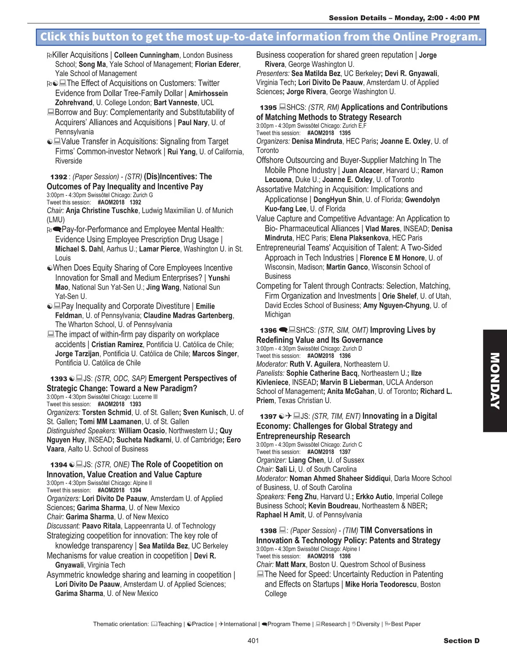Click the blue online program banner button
pyautogui.click(x=261, y=37)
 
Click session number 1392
pyautogui.click(x=59, y=177)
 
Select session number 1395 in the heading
pyautogui.click(x=268, y=108)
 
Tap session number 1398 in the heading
pyautogui.click(x=268, y=531)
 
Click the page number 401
pyautogui.click(x=253, y=641)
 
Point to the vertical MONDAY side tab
pyautogui.click(x=495, y=380)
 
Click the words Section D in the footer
pyautogui.click(x=461, y=641)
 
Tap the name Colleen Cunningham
pyautogui.click(x=147, y=55)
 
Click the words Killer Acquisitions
pyautogui.click(x=80, y=55)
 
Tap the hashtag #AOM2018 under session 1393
pyautogui.click(x=111, y=404)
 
